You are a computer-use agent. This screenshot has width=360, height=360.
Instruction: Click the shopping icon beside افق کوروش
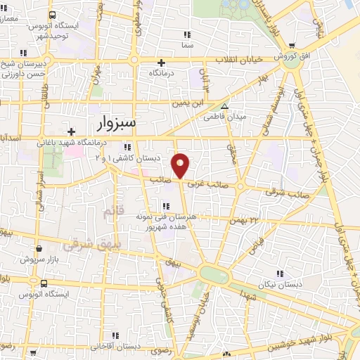tap(291, 45)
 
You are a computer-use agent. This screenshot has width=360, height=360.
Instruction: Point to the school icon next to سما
tap(186, 34)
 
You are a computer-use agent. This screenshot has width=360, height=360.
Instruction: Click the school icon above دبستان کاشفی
tap(127, 147)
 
